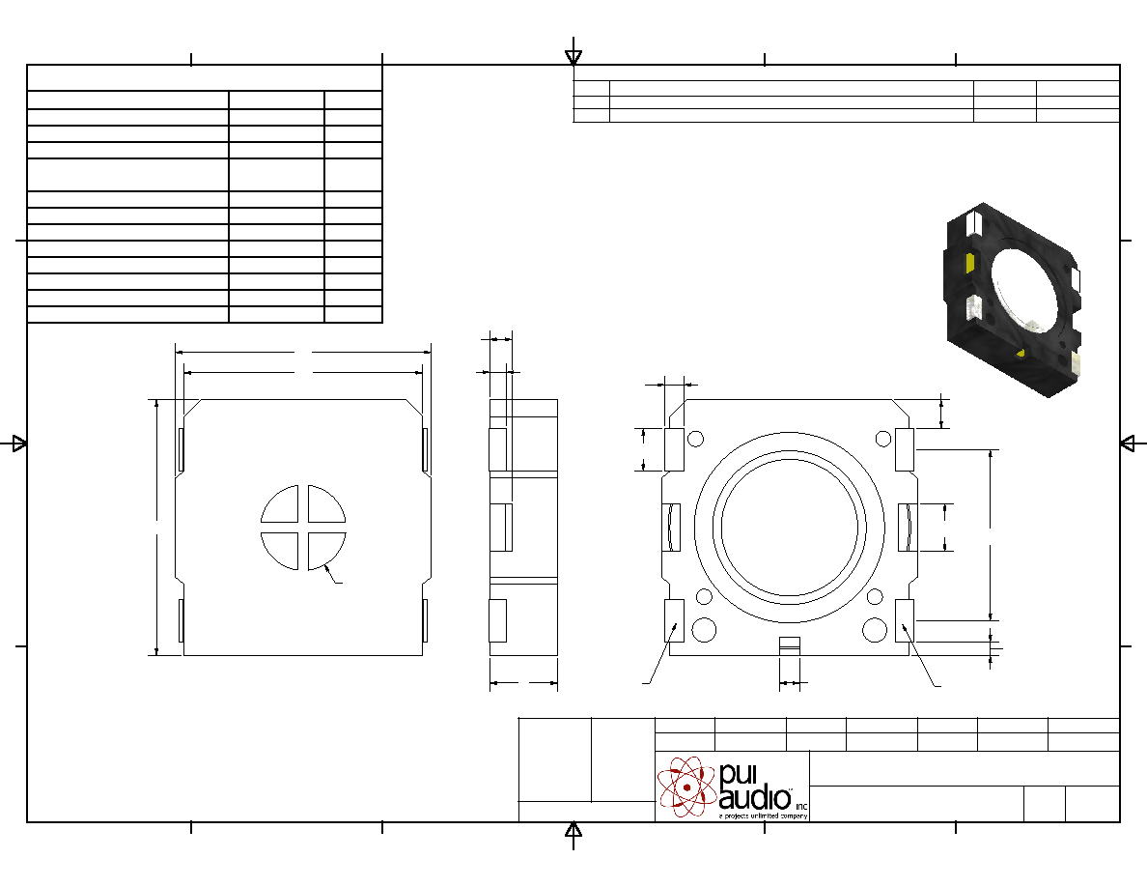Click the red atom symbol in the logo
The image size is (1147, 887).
[x=686, y=787]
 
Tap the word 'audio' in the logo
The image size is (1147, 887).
[x=755, y=798]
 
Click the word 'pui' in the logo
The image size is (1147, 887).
[x=738, y=775]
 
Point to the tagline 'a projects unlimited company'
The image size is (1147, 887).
[x=763, y=815]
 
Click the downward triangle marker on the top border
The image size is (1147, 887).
[x=573, y=56]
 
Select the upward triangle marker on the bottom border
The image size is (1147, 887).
[x=573, y=830]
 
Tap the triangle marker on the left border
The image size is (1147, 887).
[x=19, y=443]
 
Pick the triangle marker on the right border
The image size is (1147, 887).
[x=1128, y=443]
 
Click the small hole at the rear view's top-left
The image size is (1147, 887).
[x=696, y=439]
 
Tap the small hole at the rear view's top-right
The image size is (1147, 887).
[x=883, y=439]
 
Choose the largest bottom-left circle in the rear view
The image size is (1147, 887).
[x=705, y=629]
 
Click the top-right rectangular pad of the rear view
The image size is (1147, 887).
[x=905, y=449]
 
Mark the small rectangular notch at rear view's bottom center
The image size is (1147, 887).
[x=790, y=645]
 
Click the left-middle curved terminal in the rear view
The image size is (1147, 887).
[x=672, y=527]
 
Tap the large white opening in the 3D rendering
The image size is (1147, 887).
[x=1024, y=288]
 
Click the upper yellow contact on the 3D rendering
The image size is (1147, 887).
[x=970, y=262]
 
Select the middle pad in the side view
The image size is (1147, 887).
[x=500, y=527]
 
